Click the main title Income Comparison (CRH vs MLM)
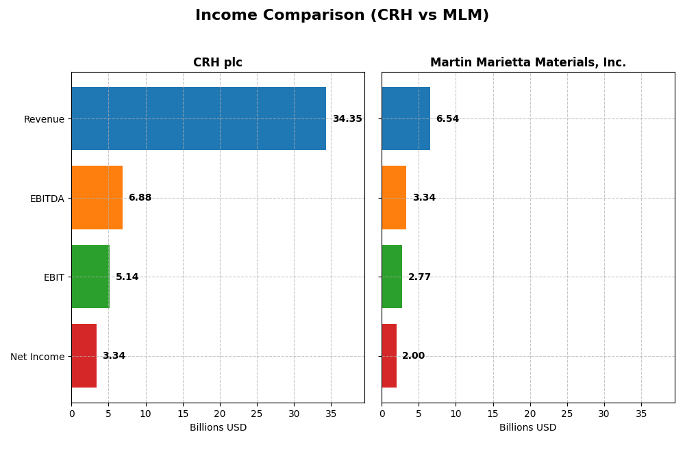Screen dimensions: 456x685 (x=342, y=15)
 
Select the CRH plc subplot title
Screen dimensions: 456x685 (x=217, y=62)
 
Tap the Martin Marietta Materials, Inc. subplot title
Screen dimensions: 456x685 (x=527, y=62)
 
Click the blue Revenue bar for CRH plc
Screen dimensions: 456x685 (x=199, y=118)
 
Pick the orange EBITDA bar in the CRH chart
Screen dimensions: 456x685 (x=97, y=197)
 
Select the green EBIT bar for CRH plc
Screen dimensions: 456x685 (x=90, y=277)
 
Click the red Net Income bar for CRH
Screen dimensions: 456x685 (x=84, y=355)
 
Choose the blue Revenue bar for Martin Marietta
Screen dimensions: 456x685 (x=406, y=118)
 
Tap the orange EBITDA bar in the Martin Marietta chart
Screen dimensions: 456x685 (x=394, y=197)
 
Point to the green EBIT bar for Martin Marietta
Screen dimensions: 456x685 (x=392, y=277)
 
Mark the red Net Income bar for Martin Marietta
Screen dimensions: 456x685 (x=389, y=355)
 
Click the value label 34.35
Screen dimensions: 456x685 (x=347, y=119)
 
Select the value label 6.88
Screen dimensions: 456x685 (x=140, y=198)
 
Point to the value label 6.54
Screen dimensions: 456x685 (x=447, y=119)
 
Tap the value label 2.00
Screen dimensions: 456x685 (x=413, y=356)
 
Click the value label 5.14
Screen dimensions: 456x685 (x=127, y=277)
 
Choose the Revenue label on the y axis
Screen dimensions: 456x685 (x=44, y=119)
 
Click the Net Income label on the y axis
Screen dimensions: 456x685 (x=37, y=356)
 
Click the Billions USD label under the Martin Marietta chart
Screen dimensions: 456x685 (x=527, y=428)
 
